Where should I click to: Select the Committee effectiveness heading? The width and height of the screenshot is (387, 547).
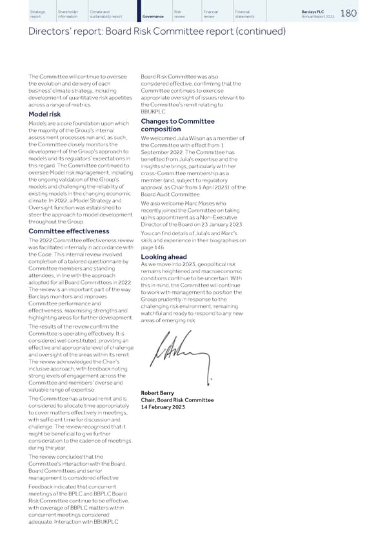coord(69,231)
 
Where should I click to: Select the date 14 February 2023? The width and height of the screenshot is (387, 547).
coord(163,407)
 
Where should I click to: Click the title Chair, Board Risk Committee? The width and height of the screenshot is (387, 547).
coord(177,400)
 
